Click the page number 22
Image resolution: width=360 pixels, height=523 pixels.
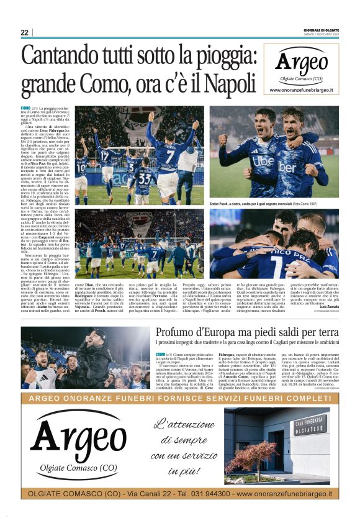point(24,32)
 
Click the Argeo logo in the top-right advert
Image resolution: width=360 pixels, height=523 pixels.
point(301,63)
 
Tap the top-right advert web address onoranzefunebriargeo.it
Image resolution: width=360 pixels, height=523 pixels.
point(301,91)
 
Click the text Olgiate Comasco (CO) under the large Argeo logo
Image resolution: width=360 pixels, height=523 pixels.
point(78,467)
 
